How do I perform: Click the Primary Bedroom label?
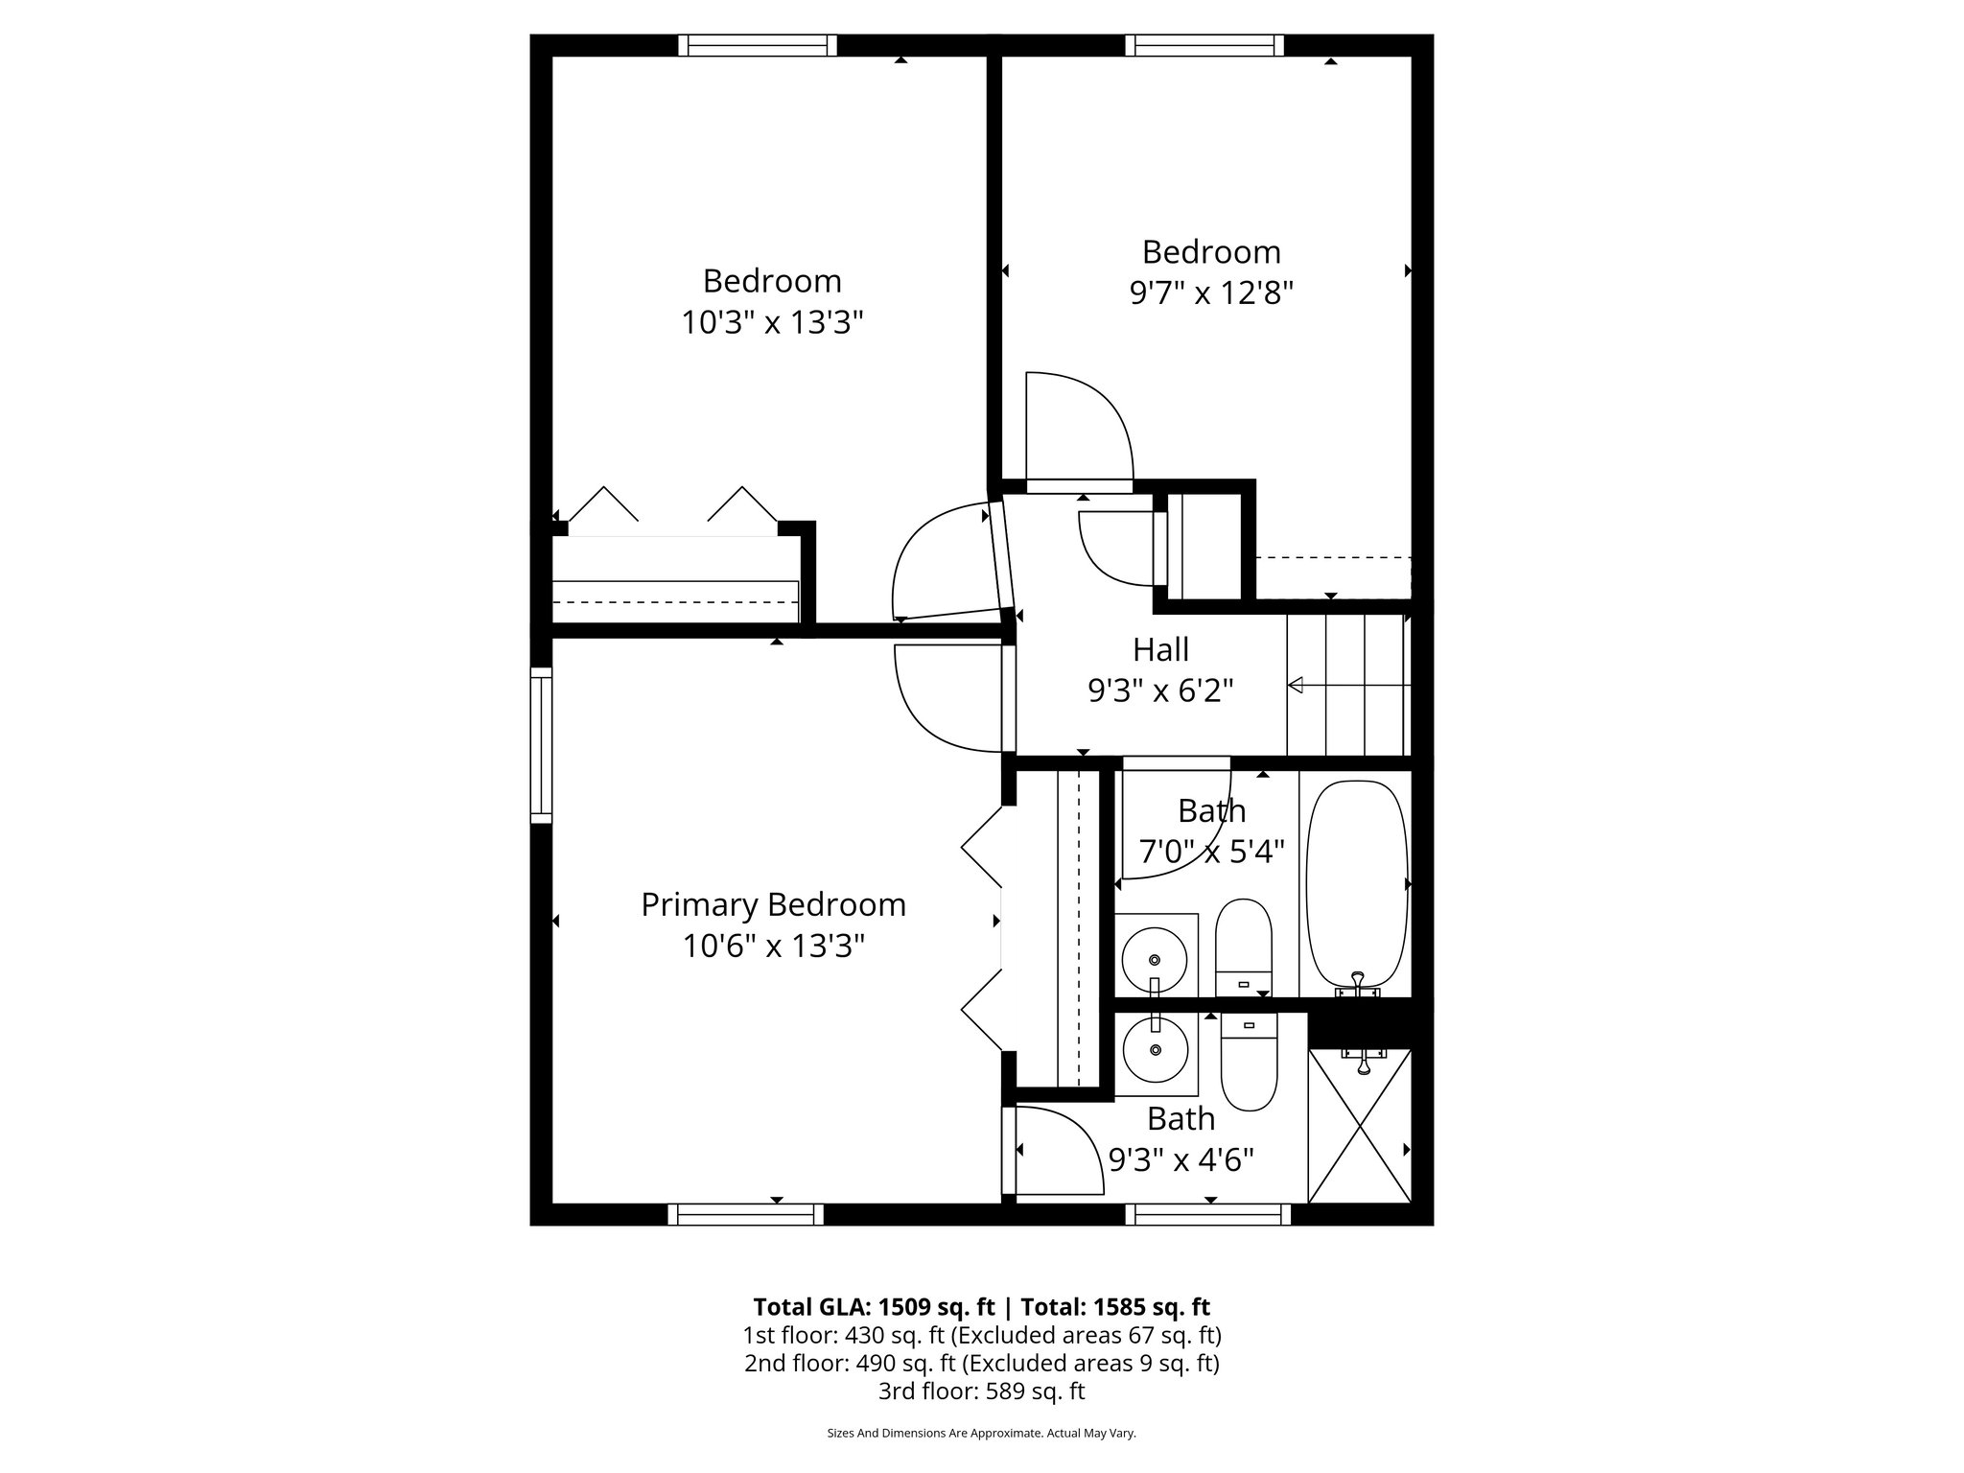coord(773,904)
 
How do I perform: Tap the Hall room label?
coord(1160,649)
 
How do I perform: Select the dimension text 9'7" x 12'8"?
coord(1211,292)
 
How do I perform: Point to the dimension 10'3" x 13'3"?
coord(772,322)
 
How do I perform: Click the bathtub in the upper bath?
coord(1356,883)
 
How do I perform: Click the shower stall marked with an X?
coord(1360,1128)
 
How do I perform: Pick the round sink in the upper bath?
coord(1155,959)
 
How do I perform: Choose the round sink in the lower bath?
coord(1156,1051)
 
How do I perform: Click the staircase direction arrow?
coord(1296,685)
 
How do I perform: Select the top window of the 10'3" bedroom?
coord(758,45)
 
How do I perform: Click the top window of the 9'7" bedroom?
coord(1204,45)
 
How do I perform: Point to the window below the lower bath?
coord(1207,1214)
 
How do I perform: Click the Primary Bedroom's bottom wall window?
coord(746,1214)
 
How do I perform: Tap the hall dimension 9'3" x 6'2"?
coord(1160,690)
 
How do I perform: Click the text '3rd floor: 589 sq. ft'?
coord(981,1391)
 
